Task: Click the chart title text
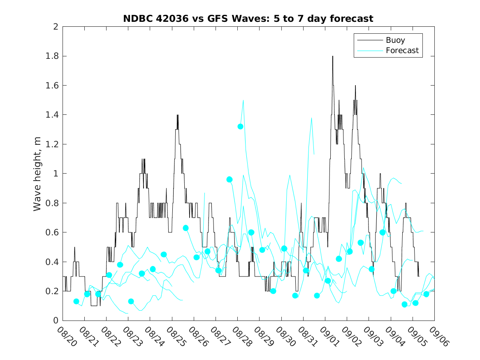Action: coord(248,19)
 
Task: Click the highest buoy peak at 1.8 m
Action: coord(333,56)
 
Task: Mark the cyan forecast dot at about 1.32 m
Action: coord(240,126)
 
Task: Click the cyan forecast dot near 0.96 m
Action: coord(230,179)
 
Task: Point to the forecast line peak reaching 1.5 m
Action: coord(243,100)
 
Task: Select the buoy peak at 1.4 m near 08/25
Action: coord(177,115)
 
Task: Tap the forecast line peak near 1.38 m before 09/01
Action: coord(311,118)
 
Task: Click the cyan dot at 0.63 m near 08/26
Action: coord(186,228)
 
